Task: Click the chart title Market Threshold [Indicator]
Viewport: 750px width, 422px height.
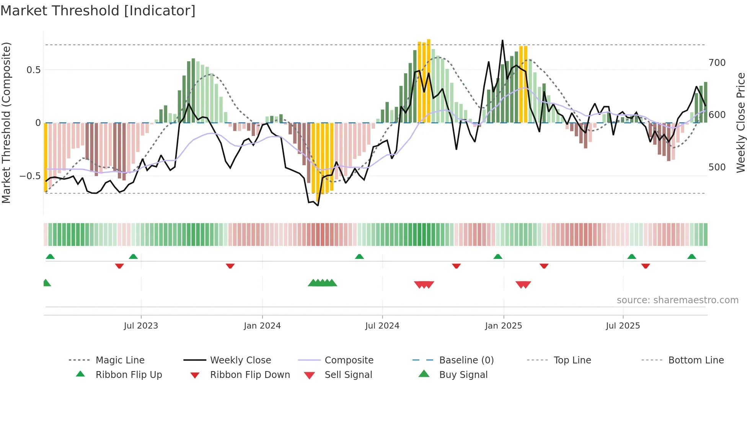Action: pyautogui.click(x=98, y=11)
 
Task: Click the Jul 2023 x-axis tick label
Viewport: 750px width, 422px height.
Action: pyautogui.click(x=141, y=326)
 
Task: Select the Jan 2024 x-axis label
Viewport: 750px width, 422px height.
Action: pyautogui.click(x=262, y=326)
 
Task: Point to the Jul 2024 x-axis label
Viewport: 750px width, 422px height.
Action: pyautogui.click(x=382, y=326)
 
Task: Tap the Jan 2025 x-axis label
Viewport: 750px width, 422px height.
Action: pyautogui.click(x=503, y=326)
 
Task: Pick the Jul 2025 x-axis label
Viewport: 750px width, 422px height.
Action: pyautogui.click(x=623, y=326)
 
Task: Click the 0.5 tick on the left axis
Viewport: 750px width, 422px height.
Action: pyautogui.click(x=34, y=70)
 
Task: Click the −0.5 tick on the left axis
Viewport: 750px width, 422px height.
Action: pyautogui.click(x=30, y=176)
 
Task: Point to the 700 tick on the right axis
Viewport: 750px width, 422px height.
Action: pyautogui.click(x=717, y=63)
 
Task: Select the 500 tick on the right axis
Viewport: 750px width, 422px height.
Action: pyautogui.click(x=717, y=167)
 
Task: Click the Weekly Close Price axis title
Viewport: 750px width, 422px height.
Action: pyautogui.click(x=741, y=123)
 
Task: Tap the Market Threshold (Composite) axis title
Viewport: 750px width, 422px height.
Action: pyautogui.click(x=6, y=123)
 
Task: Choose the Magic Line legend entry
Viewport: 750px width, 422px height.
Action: pyautogui.click(x=120, y=360)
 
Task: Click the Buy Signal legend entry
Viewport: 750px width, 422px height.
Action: pyautogui.click(x=463, y=375)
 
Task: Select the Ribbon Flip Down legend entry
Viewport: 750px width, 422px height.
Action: pyautogui.click(x=250, y=375)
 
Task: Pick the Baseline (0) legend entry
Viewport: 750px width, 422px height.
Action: pyautogui.click(x=466, y=360)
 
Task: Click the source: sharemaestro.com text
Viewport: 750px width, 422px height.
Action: pyautogui.click(x=677, y=300)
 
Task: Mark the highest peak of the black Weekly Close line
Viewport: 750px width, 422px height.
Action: pyautogui.click(x=502, y=40)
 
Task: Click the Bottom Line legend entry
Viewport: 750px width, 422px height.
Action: pyautogui.click(x=696, y=360)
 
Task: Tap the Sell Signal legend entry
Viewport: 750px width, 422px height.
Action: pyautogui.click(x=348, y=375)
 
